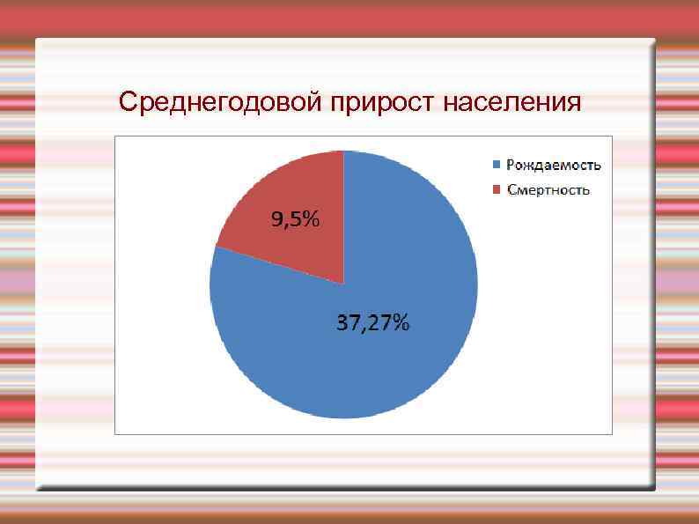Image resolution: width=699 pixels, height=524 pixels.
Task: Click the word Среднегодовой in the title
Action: (x=221, y=103)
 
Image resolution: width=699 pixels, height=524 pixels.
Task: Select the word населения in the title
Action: (x=512, y=103)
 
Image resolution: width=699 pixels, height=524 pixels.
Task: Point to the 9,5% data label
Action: (x=295, y=221)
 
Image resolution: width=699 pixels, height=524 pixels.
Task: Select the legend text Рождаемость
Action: (x=553, y=165)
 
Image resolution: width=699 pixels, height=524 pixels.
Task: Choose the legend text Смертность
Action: (x=548, y=190)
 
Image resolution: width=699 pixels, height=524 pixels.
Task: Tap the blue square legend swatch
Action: (x=496, y=165)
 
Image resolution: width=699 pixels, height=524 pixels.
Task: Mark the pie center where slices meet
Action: (x=343, y=284)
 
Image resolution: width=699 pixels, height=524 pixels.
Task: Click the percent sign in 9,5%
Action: (x=311, y=221)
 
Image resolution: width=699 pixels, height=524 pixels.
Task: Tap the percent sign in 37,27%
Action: (x=401, y=323)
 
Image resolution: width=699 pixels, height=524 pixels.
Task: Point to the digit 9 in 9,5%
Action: (x=276, y=221)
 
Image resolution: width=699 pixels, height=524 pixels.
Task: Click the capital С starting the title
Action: (x=129, y=103)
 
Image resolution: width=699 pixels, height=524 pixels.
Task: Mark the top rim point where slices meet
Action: (x=343, y=151)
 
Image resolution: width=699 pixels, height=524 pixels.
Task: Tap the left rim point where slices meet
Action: (x=215, y=247)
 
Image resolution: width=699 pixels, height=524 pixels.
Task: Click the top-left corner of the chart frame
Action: (x=115, y=136)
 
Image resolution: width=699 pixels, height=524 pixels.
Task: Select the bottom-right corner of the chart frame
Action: (x=612, y=433)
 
